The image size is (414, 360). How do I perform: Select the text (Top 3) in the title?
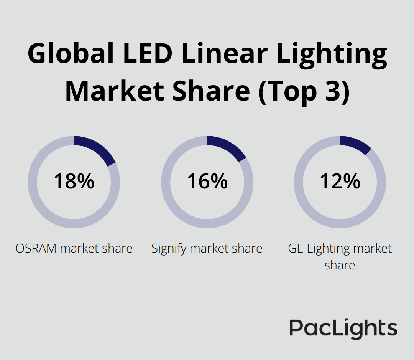(x=304, y=92)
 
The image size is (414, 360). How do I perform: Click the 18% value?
(x=74, y=181)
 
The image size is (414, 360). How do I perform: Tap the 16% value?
(x=207, y=181)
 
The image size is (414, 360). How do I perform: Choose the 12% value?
(x=340, y=181)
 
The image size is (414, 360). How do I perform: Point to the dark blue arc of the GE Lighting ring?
(x=356, y=144)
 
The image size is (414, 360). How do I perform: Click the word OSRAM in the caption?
(x=37, y=248)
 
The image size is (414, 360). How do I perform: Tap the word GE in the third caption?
(x=296, y=248)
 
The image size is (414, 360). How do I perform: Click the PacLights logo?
(x=343, y=329)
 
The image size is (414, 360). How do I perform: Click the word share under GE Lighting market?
(x=340, y=265)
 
